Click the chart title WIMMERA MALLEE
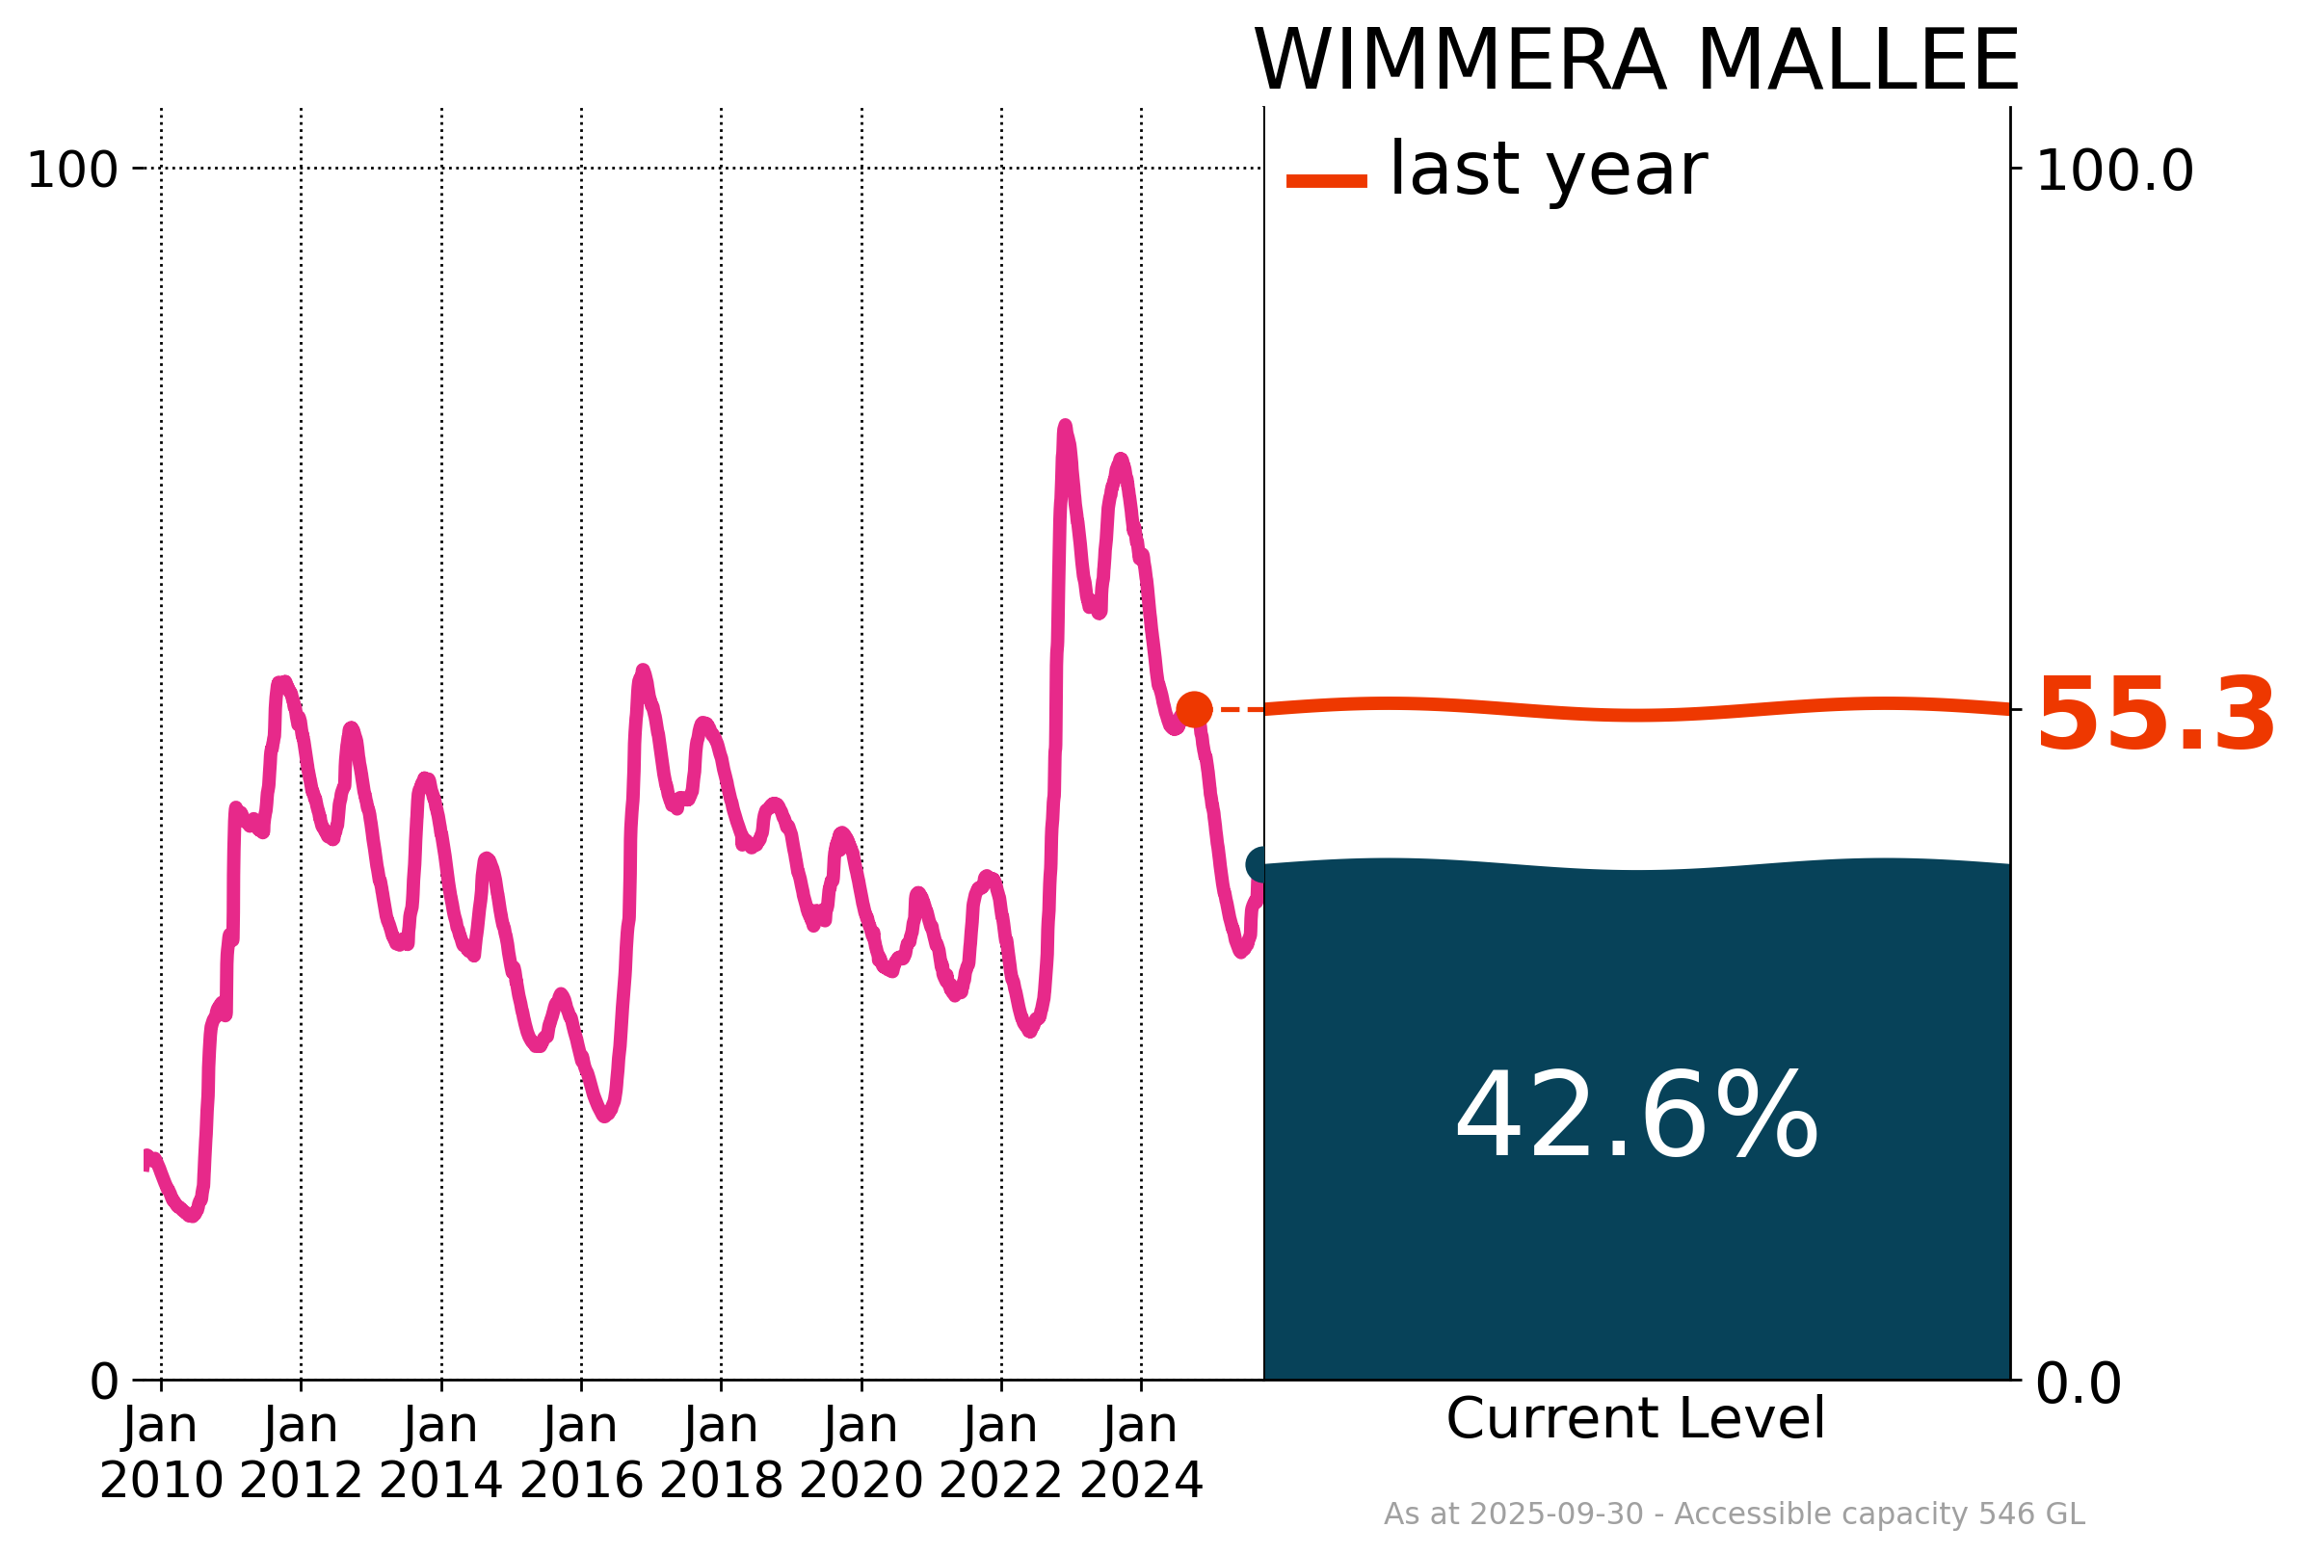(1636, 62)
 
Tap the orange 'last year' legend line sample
(1326, 181)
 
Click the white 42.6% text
(1636, 1119)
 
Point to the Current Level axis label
(1635, 1419)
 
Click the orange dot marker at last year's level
(1194, 710)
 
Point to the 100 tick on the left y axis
(72, 171)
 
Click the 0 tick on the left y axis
(104, 1382)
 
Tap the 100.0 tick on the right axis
(2115, 171)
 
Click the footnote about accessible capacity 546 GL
(1735, 1514)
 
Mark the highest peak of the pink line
(1064, 427)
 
